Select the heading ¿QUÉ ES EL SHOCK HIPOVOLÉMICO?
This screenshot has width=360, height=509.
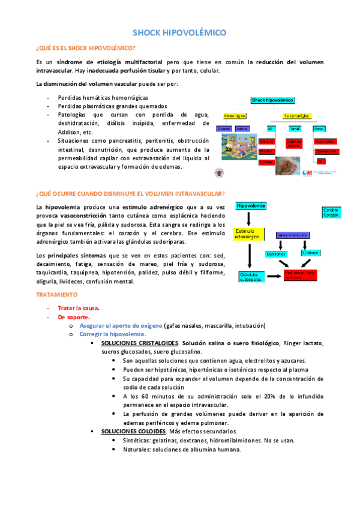coord(86,47)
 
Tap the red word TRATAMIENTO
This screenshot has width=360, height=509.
coord(57,295)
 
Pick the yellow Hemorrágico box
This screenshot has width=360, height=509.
coord(232,115)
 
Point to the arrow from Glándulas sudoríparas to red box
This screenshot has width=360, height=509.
coord(274,277)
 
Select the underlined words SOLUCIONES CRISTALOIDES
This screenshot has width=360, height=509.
coord(132,343)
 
